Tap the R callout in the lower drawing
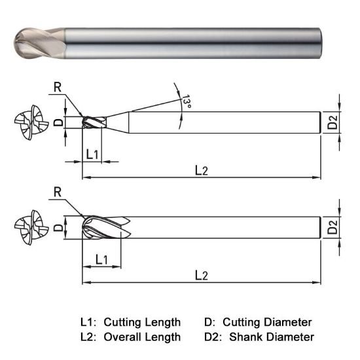pyautogui.click(x=58, y=191)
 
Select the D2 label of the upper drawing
pyautogui.click(x=333, y=122)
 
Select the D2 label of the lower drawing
pyautogui.click(x=333, y=228)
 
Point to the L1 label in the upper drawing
pyautogui.click(x=92, y=154)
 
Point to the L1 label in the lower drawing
pyautogui.click(x=101, y=259)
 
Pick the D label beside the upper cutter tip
pyautogui.click(x=58, y=122)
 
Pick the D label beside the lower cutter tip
pyautogui.click(x=58, y=227)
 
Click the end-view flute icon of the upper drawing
pyautogui.click(x=30, y=122)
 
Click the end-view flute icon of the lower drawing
pyautogui.click(x=30, y=228)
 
